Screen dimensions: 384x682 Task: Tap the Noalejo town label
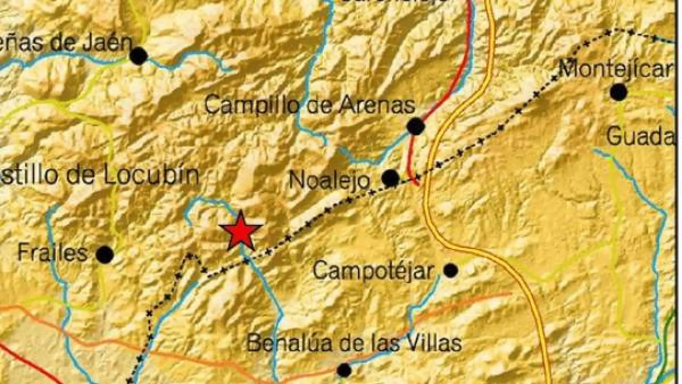329,180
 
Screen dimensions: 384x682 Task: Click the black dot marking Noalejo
391,178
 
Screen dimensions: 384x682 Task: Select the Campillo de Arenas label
310,106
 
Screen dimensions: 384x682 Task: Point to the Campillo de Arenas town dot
416,126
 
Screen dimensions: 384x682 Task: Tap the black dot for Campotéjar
451,271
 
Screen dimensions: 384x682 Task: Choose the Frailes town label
53,253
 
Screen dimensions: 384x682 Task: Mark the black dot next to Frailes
105,255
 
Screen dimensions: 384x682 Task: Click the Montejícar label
615,69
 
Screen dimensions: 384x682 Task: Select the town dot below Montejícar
619,92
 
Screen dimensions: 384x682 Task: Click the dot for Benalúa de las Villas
344,370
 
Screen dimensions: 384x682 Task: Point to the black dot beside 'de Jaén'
139,56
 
